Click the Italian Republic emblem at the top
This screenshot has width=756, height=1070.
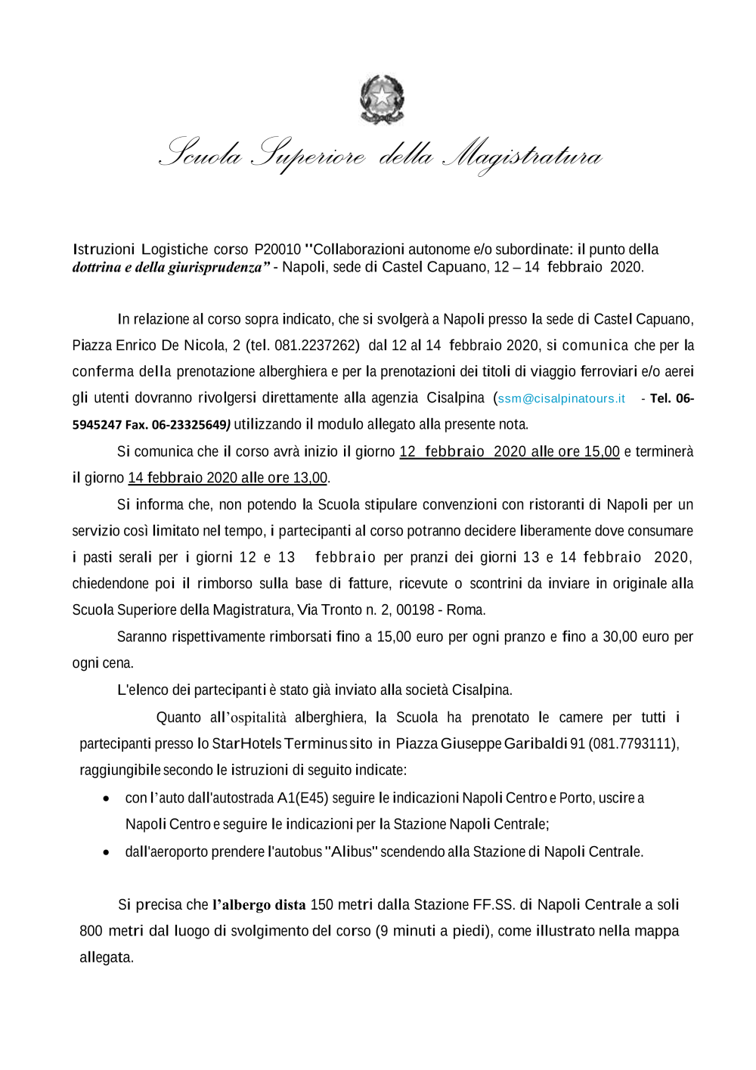coord(382,99)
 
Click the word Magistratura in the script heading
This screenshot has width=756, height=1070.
coord(522,156)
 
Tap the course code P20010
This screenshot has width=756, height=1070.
coord(277,250)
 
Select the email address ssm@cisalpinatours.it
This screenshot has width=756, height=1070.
coord(561,399)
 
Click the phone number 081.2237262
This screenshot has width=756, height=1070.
coord(316,346)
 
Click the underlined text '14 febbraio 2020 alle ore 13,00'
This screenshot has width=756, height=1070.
coord(228,478)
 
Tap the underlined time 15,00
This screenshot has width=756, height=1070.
coord(601,451)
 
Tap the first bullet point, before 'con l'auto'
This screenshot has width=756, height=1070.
coord(107,799)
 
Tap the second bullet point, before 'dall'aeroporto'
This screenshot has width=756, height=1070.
coord(107,852)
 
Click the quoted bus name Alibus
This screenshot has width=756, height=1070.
coord(352,852)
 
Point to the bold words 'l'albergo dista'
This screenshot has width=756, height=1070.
coord(259,905)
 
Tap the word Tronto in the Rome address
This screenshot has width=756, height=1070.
coord(341,610)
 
